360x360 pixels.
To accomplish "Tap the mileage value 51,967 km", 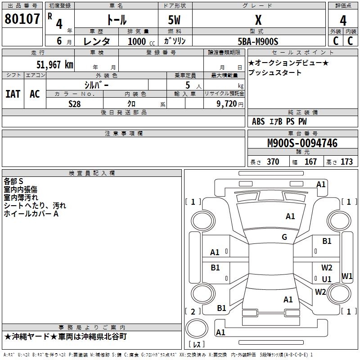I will tap(54, 64).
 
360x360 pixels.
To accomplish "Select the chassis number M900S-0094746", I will tap(302, 143).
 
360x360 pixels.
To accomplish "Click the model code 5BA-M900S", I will tap(258, 41).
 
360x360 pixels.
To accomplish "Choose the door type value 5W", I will tap(175, 20).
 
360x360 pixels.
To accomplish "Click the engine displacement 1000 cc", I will tap(138, 41).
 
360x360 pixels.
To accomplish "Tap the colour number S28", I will tap(75, 103).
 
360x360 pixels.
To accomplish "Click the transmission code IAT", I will tap(13, 94).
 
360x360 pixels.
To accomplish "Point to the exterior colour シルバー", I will tap(96, 85).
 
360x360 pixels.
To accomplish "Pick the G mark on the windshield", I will tap(284, 237).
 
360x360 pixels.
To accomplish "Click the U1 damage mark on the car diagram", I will tap(327, 279).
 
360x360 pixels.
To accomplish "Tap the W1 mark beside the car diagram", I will tap(347, 276).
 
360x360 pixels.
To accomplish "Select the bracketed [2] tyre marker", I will tap(193, 311).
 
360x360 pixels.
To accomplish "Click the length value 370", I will tap(273, 162).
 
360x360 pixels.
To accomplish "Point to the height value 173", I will tap(346, 162).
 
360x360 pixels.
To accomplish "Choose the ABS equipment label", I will tap(258, 121).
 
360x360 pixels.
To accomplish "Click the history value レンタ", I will tap(97, 41).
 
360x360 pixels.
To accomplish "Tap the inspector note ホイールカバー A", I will tap(31, 214).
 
